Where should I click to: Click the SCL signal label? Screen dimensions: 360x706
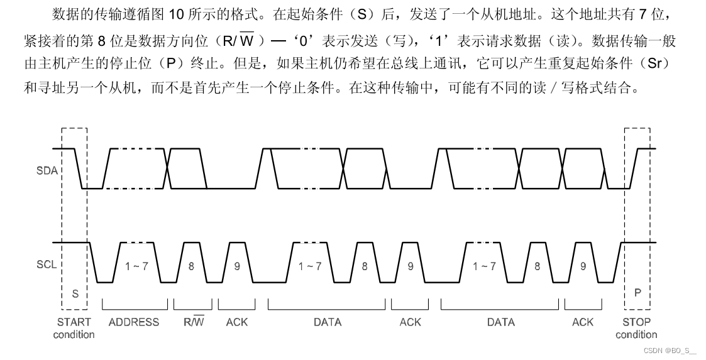[x=47, y=265]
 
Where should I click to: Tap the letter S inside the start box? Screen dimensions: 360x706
[x=75, y=293]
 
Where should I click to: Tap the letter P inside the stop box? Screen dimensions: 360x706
[x=637, y=292]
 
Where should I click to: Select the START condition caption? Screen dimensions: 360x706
[x=74, y=328]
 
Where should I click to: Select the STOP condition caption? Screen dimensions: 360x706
[x=636, y=328]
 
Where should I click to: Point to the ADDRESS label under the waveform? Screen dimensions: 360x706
[x=134, y=322]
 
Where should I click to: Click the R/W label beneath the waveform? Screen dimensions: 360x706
[x=194, y=322]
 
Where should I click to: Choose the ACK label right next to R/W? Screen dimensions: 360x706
[x=237, y=322]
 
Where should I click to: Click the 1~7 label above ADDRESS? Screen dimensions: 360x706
[x=136, y=266]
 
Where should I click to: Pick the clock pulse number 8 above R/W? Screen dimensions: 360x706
[x=192, y=266]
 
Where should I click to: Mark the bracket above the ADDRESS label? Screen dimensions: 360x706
[x=135, y=307]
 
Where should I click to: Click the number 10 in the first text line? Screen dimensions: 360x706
[x=175, y=14]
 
